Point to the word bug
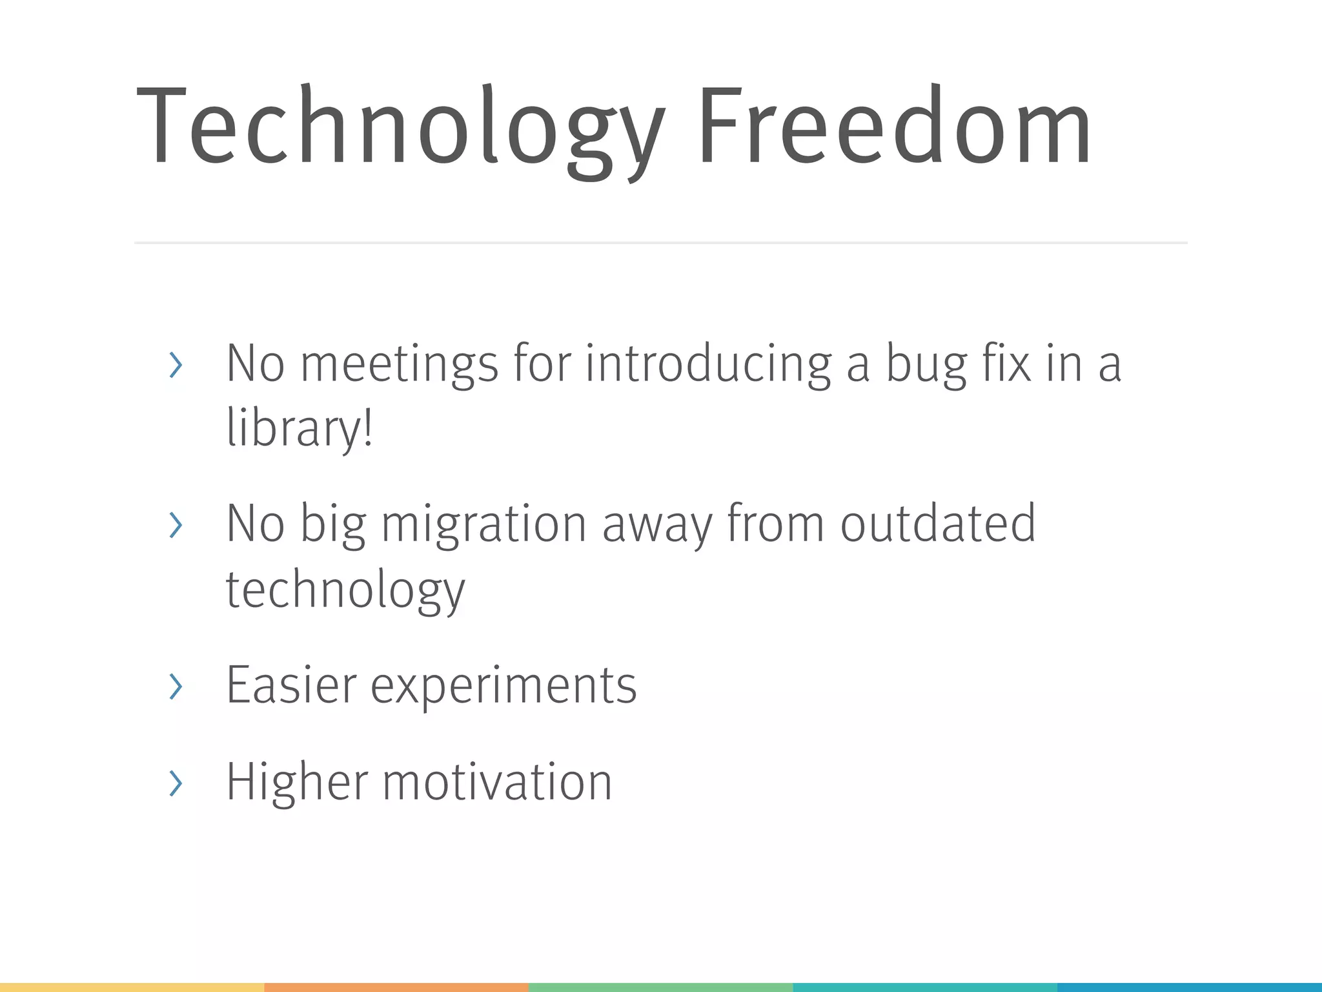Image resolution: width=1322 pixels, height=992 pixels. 926,365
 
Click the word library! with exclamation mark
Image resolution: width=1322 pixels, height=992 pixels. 299,428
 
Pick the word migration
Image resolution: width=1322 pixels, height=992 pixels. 484,524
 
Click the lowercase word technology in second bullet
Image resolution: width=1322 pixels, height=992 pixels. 345,589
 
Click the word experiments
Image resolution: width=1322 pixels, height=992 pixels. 503,686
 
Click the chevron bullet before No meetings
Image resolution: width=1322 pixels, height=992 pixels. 176,366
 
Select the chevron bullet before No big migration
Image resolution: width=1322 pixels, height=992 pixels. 176,525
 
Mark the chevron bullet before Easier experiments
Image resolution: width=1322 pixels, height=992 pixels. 176,686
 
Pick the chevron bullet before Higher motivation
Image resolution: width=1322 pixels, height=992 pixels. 176,783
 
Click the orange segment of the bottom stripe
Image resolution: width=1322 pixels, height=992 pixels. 396,987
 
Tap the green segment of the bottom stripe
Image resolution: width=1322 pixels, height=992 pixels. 661,987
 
